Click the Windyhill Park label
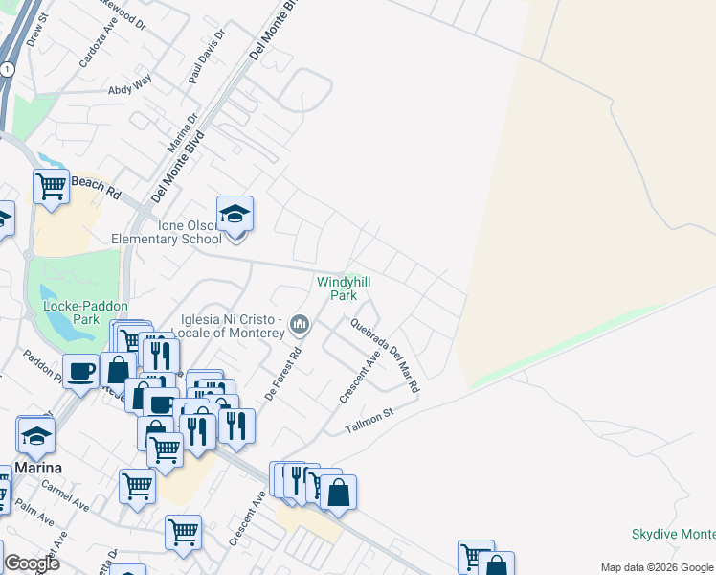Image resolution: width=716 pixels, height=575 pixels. point(344,288)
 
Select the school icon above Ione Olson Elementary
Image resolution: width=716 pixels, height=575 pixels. point(235,214)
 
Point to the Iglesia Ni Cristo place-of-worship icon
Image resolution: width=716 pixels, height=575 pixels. point(301,325)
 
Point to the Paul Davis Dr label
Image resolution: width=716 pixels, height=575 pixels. point(207,57)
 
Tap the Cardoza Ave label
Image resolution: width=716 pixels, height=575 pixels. point(98,46)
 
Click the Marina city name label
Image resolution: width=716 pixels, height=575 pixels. point(38,468)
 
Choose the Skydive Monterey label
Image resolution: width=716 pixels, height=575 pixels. point(674,534)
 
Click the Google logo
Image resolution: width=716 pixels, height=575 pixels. point(32,563)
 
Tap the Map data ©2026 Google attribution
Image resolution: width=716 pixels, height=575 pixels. point(656,566)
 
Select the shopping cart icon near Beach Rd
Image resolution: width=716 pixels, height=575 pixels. point(51,186)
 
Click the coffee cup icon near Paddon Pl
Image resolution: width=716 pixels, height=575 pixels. point(81,371)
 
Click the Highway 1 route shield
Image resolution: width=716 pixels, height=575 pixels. point(8,69)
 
